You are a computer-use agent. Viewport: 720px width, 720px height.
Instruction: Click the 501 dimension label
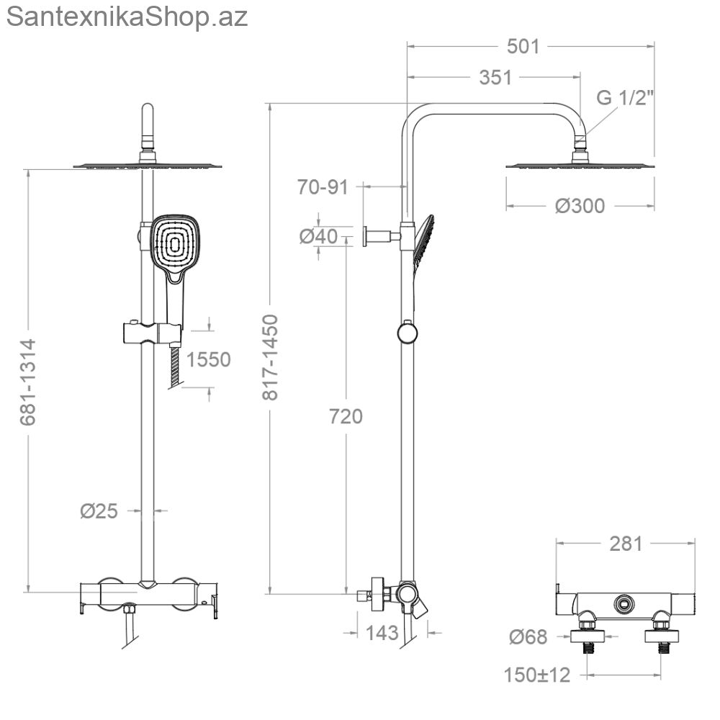523,46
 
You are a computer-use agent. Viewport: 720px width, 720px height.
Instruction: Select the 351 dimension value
495,78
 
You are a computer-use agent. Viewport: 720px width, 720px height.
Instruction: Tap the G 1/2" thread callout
625,98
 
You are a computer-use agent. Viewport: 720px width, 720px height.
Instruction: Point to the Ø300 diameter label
580,206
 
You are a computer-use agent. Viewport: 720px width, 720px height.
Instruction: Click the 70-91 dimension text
323,187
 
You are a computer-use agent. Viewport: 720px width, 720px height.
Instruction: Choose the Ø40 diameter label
319,236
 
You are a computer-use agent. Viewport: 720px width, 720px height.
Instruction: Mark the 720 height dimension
346,416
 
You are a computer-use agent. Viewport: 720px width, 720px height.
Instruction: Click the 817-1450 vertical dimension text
271,357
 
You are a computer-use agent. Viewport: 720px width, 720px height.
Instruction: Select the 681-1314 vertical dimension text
28,382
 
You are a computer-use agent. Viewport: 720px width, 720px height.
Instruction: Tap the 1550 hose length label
209,359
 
